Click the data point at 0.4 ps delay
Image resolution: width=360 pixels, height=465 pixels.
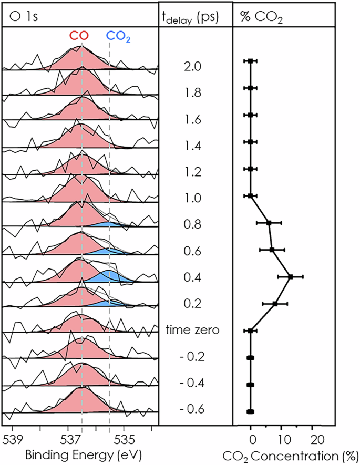tap(291, 276)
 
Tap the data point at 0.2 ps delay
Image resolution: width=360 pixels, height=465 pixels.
tap(275, 304)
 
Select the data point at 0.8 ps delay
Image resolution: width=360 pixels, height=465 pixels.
tap(269, 223)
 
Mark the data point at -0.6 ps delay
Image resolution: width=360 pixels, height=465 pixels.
tap(251, 411)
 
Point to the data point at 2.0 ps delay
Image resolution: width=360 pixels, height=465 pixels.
tap(251, 61)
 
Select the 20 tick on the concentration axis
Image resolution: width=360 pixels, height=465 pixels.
tap(315, 439)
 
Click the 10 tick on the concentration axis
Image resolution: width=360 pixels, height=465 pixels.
tap(283, 439)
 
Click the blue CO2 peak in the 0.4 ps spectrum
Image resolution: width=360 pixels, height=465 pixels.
tap(108, 276)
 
